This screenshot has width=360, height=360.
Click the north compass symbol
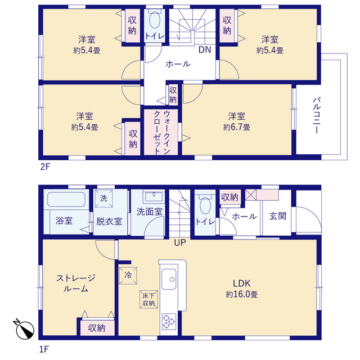tap(24, 329)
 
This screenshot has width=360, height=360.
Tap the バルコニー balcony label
tap(317, 115)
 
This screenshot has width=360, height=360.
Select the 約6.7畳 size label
tap(237, 127)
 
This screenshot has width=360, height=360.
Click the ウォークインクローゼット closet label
tap(162, 132)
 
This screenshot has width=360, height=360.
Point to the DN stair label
tap(205, 49)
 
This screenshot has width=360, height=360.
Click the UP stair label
tap(180, 242)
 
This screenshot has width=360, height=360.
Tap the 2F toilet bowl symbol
tap(155, 20)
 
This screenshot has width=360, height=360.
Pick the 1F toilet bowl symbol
tap(205, 205)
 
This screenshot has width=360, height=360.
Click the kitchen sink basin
tap(169, 279)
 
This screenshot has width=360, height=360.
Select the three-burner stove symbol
tap(169, 322)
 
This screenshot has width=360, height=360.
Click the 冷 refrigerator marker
tap(128, 276)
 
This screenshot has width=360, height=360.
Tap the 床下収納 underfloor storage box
tap(148, 299)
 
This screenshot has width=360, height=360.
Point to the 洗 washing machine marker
tap(103, 199)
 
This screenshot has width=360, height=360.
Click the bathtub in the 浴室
tap(66, 199)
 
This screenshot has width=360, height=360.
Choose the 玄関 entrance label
tap(278, 216)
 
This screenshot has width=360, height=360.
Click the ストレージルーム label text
tap(76, 283)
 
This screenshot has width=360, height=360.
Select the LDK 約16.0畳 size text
tap(242, 294)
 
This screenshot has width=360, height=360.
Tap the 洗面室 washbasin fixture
tap(154, 197)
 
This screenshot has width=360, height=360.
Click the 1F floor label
tap(44, 349)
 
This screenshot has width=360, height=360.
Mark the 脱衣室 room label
tap(109, 221)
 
